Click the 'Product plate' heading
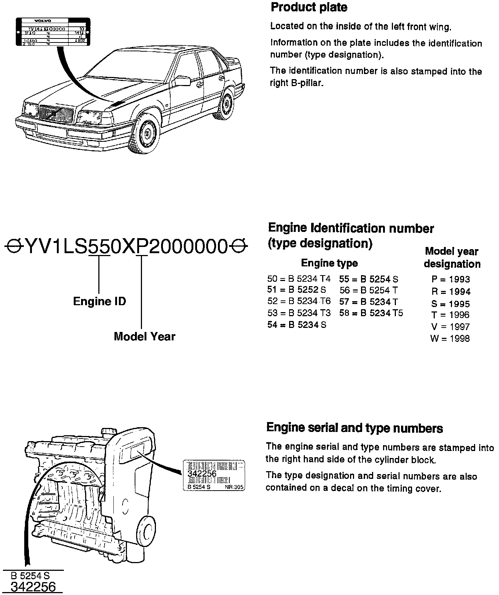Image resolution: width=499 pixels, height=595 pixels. coord(309,7)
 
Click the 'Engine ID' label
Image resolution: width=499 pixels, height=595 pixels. coord(99,302)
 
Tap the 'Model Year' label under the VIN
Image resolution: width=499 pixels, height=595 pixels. coord(145,336)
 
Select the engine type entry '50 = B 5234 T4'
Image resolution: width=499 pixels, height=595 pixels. coord(299,279)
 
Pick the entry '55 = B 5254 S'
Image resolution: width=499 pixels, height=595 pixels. coord(368,279)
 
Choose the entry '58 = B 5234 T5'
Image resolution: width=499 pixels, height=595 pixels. coord(371,313)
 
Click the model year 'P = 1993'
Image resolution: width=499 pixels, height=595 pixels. coord(451,280)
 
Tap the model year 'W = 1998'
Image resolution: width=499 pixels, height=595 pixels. coord(450,339)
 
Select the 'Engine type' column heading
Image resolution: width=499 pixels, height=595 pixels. coord(329,263)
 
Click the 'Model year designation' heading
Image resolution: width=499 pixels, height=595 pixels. coord(452,258)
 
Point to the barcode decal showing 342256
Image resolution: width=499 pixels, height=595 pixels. coord(214,475)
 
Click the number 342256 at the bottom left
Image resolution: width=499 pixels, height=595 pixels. coord(33,587)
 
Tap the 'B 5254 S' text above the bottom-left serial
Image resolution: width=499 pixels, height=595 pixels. coord(30,576)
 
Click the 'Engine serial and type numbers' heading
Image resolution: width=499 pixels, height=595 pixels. coord(354,428)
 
